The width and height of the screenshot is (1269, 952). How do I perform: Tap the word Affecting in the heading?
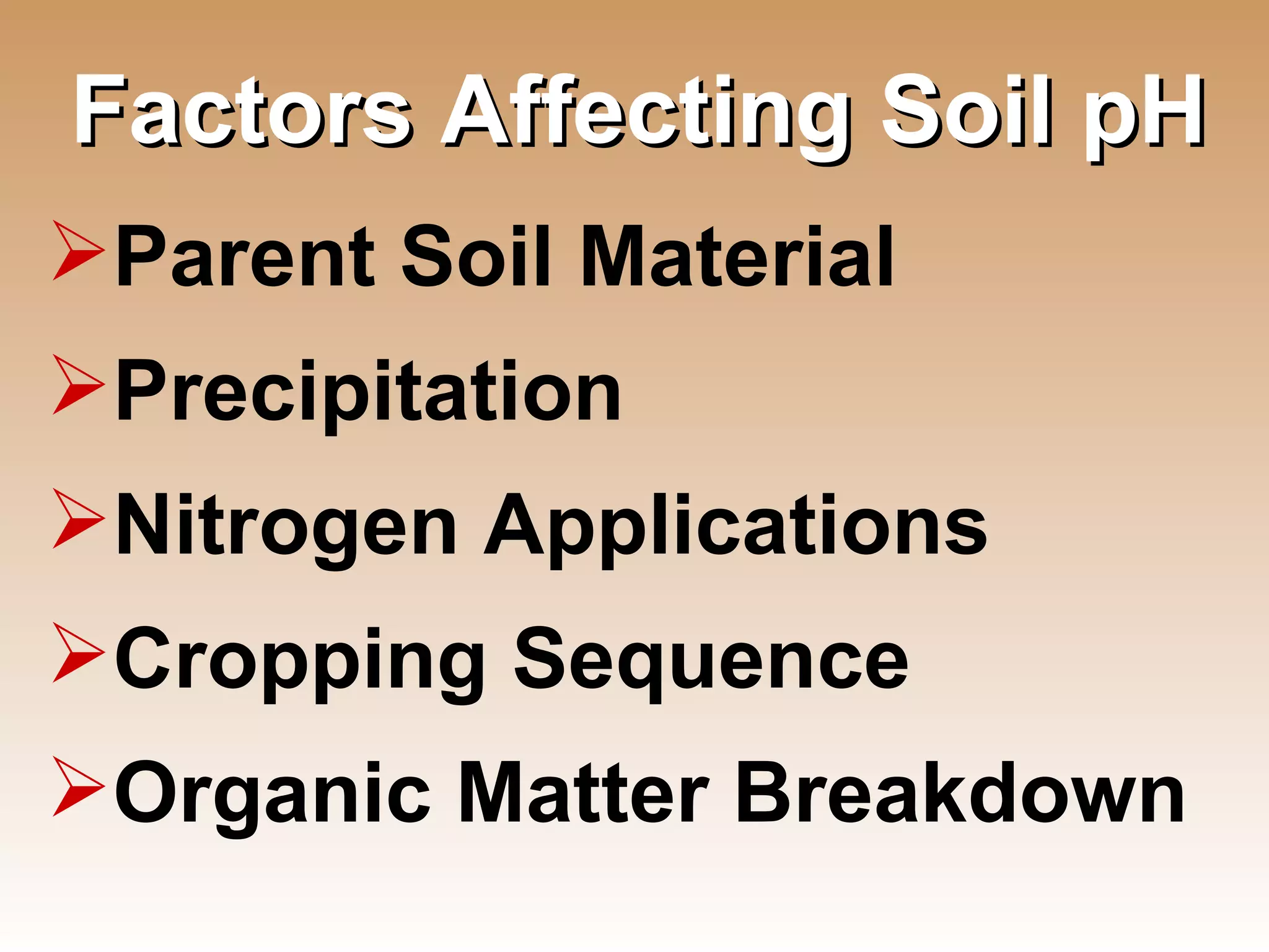(644, 115)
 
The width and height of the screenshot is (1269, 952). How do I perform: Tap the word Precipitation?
(368, 392)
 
